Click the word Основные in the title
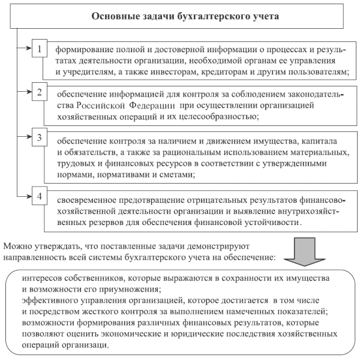[114, 16]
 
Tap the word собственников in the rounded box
[113, 280]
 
